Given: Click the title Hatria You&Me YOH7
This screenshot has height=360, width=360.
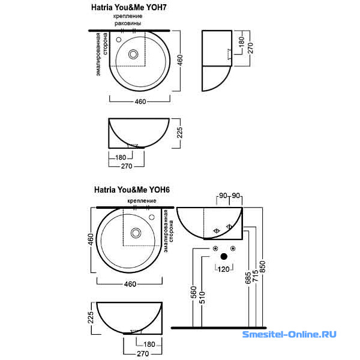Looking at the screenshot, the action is coord(129,7).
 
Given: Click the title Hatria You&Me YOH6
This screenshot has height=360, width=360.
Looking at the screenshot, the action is coord(132,190).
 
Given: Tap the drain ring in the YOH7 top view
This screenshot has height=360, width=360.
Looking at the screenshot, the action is coord(133,54).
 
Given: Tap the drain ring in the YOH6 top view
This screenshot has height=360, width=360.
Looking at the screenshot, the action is coord(136,233).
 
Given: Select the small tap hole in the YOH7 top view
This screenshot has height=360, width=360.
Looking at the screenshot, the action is coord(119,40).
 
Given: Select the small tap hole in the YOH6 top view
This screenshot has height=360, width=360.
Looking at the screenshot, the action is coord(152,217).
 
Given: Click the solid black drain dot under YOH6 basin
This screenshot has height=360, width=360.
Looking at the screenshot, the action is coord(224,256).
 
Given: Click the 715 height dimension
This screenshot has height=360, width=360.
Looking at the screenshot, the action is coord(256,275).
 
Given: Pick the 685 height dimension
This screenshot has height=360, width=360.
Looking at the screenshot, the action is coord(248,278).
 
